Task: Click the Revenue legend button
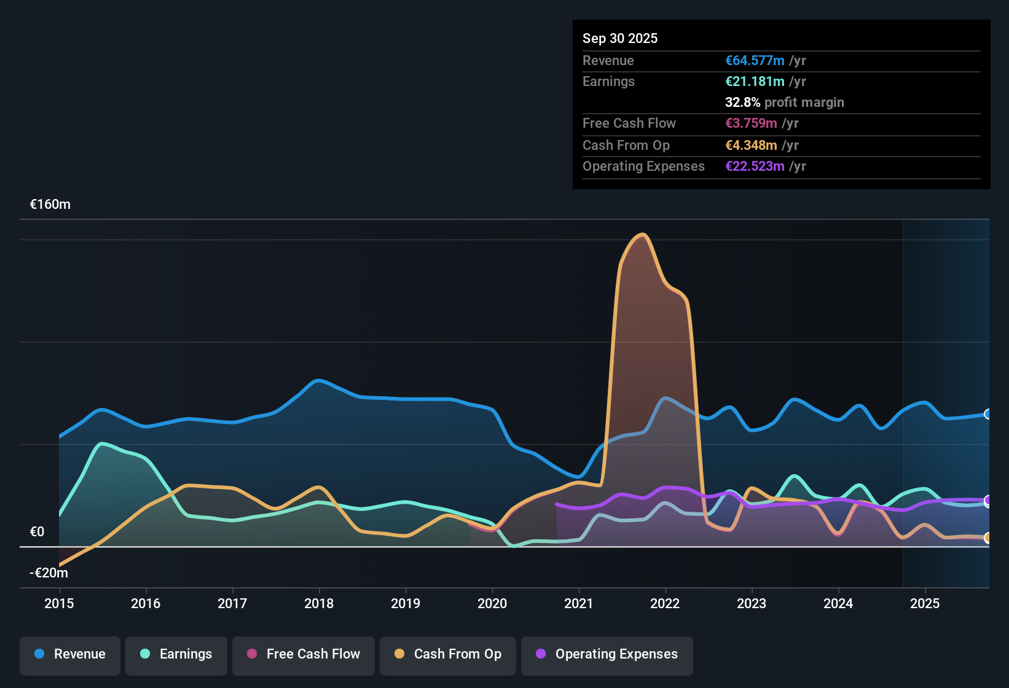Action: [x=70, y=654]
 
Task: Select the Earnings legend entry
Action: [x=176, y=654]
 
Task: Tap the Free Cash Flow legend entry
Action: [x=304, y=654]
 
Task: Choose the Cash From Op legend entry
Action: [x=448, y=654]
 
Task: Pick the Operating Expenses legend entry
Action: [x=607, y=654]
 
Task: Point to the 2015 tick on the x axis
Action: [x=59, y=603]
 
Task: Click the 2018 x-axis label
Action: [x=319, y=603]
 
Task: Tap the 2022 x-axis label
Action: [x=665, y=603]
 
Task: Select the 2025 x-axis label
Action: [x=925, y=603]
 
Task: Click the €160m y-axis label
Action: [x=50, y=205]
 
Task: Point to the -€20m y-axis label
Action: [x=49, y=573]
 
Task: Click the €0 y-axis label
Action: [x=37, y=532]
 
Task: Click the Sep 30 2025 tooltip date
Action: [x=620, y=39]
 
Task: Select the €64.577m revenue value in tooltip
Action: [x=755, y=61]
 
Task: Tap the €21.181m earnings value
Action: [x=755, y=82]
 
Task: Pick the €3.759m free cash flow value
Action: [x=751, y=123]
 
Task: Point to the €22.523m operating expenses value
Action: [x=755, y=166]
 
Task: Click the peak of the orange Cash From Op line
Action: [x=643, y=235]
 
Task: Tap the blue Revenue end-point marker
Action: [x=987, y=414]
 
